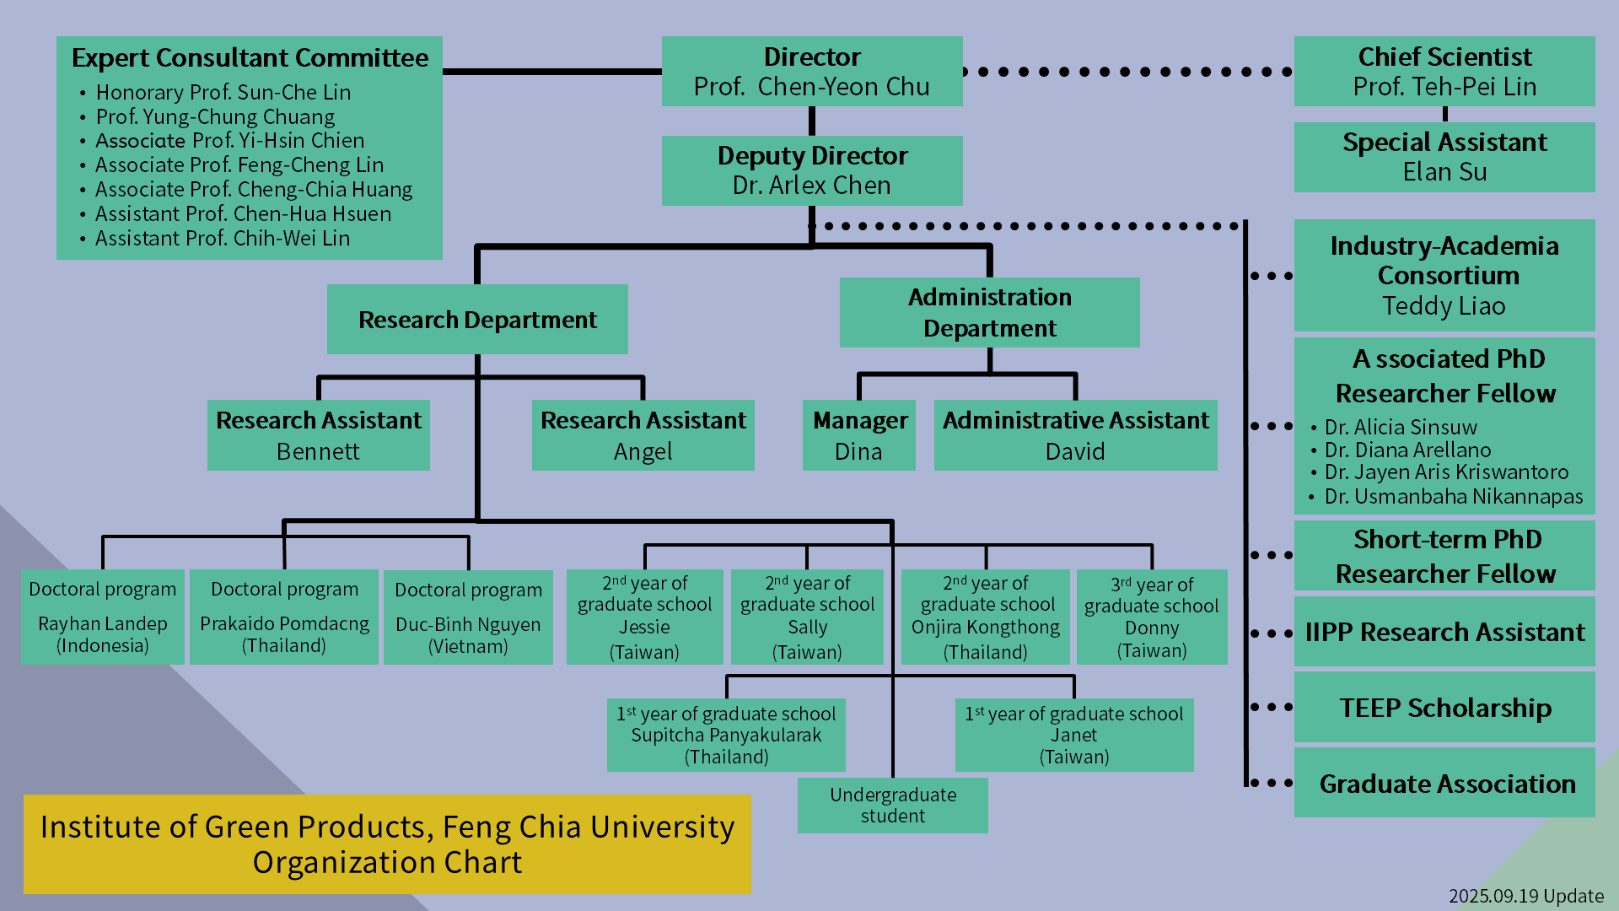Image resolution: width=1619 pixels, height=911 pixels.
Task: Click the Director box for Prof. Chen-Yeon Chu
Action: coord(811,72)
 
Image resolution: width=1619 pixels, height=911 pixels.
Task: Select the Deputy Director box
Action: coord(811,170)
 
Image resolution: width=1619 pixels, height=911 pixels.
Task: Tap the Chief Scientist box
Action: coord(1444,72)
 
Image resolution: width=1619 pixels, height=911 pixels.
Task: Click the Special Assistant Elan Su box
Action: coord(1444,157)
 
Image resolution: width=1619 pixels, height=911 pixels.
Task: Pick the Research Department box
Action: coord(477,320)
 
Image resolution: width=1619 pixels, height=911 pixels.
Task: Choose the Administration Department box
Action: coord(989,313)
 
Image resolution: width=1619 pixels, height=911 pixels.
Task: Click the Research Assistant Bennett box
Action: coord(318,435)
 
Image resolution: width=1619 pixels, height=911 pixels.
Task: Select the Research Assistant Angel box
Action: coord(643,435)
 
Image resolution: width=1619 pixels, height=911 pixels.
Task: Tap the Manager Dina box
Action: coord(858,435)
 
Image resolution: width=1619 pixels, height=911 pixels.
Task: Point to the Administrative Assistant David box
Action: coord(1075,435)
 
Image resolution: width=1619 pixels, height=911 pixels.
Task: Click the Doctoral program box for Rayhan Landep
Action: coord(102,617)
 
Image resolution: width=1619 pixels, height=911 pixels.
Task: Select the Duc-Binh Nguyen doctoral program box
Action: coord(468,617)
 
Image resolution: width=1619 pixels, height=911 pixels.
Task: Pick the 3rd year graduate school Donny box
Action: coord(1151,617)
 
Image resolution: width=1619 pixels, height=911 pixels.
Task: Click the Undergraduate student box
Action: coord(892,806)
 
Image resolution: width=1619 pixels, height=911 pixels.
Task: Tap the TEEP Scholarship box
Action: coord(1444,708)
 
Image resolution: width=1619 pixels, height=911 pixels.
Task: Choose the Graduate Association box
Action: coord(1444,783)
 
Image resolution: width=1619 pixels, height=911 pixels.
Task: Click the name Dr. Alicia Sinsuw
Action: coord(1401,428)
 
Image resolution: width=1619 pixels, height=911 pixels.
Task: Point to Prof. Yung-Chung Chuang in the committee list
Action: coord(215,116)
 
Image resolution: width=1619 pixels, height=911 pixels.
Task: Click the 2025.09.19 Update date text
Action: coord(1525,896)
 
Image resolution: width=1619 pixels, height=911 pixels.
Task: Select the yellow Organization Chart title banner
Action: coord(387,844)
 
